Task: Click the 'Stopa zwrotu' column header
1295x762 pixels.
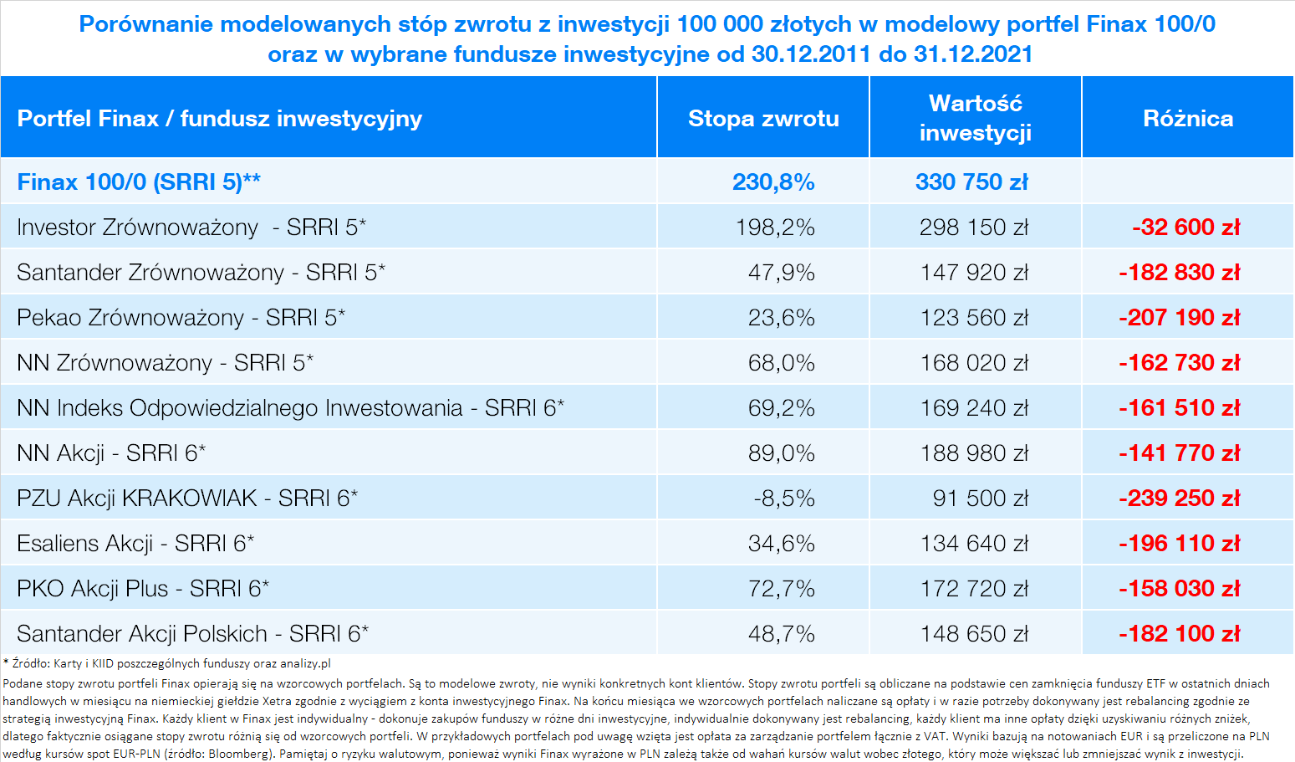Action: tap(763, 119)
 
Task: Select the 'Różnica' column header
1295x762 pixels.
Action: tap(1188, 119)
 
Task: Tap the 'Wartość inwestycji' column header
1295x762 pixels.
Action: tap(976, 118)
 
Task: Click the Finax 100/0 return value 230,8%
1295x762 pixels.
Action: tap(773, 182)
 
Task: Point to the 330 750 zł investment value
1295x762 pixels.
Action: tap(971, 182)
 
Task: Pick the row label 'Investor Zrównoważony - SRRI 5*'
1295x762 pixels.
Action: tap(191, 228)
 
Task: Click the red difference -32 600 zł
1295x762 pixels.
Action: tap(1185, 227)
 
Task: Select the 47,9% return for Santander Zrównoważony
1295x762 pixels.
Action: tap(781, 272)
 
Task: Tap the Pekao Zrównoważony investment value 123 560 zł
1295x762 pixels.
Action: tap(974, 317)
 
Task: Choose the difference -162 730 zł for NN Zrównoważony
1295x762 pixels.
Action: tap(1180, 363)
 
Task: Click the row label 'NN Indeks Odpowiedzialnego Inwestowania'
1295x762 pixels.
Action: tap(240, 408)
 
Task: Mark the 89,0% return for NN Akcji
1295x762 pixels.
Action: tap(781, 453)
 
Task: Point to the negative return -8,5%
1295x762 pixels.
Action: tap(784, 499)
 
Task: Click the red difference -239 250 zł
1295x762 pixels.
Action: tap(1180, 499)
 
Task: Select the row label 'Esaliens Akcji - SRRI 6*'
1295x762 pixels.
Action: tap(135, 544)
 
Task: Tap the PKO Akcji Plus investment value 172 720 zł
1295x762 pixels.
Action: tap(974, 588)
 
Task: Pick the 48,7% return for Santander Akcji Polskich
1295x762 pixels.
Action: tap(781, 633)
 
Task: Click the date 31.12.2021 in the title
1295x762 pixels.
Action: tap(973, 54)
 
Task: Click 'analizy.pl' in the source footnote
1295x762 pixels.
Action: tap(305, 663)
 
